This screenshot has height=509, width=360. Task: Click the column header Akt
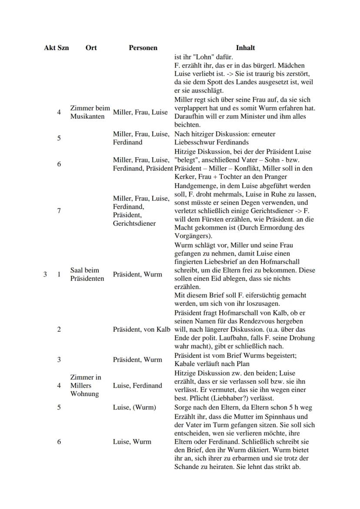pyautogui.click(x=50, y=48)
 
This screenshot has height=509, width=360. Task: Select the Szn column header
pyautogui.click(x=63, y=48)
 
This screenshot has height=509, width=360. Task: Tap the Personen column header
pyautogui.click(x=143, y=48)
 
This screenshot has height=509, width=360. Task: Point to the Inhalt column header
pyautogui.click(x=245, y=48)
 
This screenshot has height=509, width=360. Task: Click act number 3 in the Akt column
pyautogui.click(x=45, y=275)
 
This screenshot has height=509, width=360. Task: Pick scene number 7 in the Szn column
pyautogui.click(x=59, y=211)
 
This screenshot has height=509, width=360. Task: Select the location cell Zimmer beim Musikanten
pyautogui.click(x=90, y=113)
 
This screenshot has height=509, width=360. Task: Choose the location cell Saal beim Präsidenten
pyautogui.click(x=87, y=275)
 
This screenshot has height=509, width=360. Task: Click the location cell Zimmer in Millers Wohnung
pyautogui.click(x=85, y=386)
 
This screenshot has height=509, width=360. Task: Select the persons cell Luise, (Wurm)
pyautogui.click(x=134, y=408)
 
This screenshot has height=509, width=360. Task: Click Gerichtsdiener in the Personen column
pyautogui.click(x=134, y=223)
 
